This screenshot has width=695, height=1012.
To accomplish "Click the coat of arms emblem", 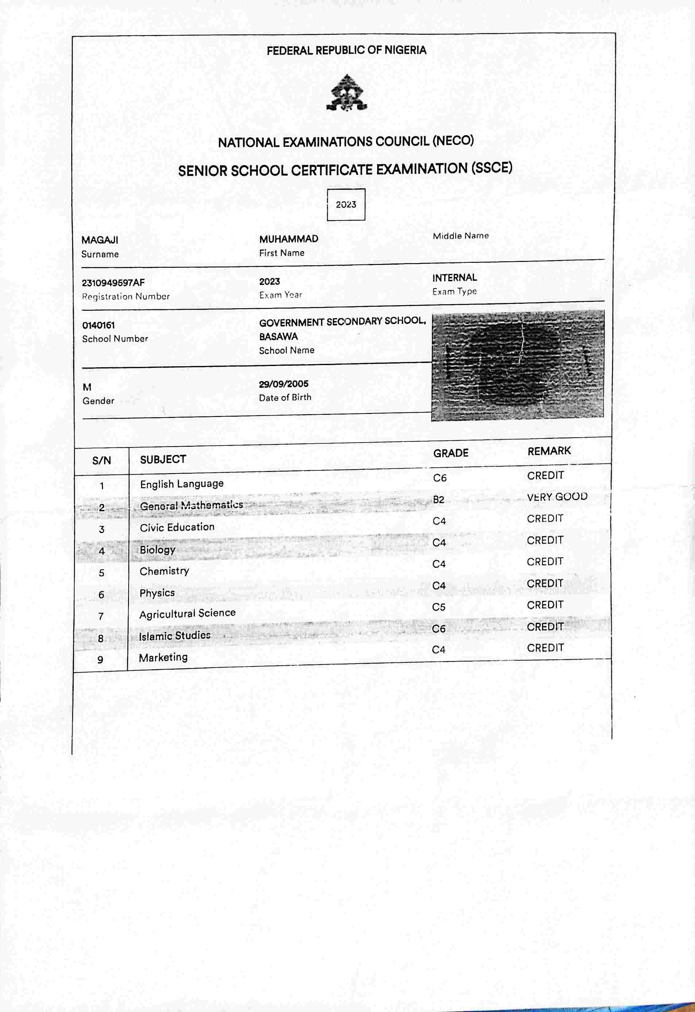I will click(x=347, y=93).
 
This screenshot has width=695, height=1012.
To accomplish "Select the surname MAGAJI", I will click(x=100, y=240).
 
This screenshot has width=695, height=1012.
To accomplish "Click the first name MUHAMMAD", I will click(x=289, y=239).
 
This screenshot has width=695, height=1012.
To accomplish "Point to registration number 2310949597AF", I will click(x=113, y=282).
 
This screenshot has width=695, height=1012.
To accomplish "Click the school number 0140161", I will click(x=99, y=325).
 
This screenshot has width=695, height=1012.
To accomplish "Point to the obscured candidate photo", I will click(x=517, y=365).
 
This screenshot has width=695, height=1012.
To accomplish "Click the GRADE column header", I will click(x=451, y=453).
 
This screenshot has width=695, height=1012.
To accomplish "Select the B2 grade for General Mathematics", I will click(x=438, y=500).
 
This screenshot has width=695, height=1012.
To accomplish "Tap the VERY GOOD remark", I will click(x=557, y=497).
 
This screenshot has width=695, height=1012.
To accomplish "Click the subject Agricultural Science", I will click(x=187, y=613).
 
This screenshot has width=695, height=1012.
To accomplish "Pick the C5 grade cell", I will click(x=438, y=607).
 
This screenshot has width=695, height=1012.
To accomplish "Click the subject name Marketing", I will click(x=163, y=658).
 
